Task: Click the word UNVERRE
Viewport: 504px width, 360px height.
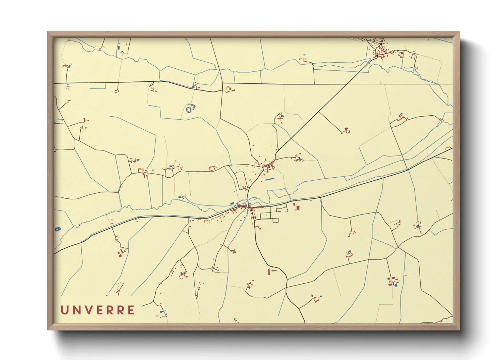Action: pos(98,310)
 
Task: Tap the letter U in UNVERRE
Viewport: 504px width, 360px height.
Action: pos(64,310)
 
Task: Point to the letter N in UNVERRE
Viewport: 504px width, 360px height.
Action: pos(75,310)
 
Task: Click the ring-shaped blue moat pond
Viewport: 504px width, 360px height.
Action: pos(189,109)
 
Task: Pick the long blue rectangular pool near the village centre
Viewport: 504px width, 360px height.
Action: pos(270,179)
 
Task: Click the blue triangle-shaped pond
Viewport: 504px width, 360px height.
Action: pos(138,160)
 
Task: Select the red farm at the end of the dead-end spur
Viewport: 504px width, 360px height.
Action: pos(346,131)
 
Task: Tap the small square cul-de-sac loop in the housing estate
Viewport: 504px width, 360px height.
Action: pos(275,220)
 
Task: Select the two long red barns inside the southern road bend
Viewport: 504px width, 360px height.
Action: pos(271,271)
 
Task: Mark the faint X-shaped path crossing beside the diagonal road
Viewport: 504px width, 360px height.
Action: pos(278,157)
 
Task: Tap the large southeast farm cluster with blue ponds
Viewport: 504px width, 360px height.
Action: pos(393,282)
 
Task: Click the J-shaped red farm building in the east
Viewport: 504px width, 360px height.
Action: pos(401,118)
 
